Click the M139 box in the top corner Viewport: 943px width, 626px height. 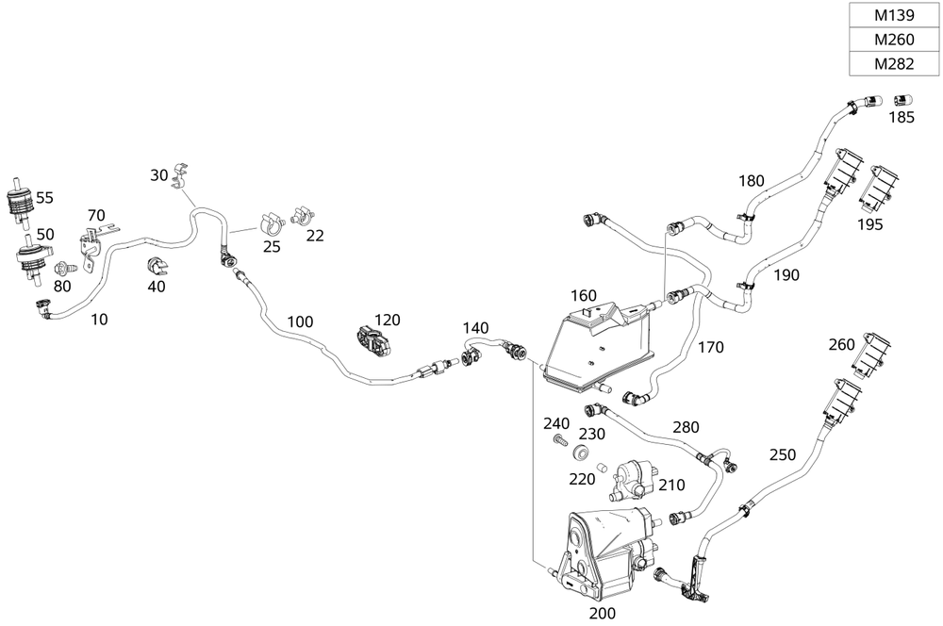point(893,16)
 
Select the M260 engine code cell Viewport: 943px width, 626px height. point(893,41)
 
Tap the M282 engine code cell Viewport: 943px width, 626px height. point(893,64)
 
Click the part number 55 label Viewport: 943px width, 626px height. point(44,198)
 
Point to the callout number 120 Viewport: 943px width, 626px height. point(388,320)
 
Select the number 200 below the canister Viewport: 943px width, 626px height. point(602,612)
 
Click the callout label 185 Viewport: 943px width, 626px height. point(902,118)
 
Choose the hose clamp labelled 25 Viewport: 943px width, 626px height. point(270,224)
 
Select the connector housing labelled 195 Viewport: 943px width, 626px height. point(879,187)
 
